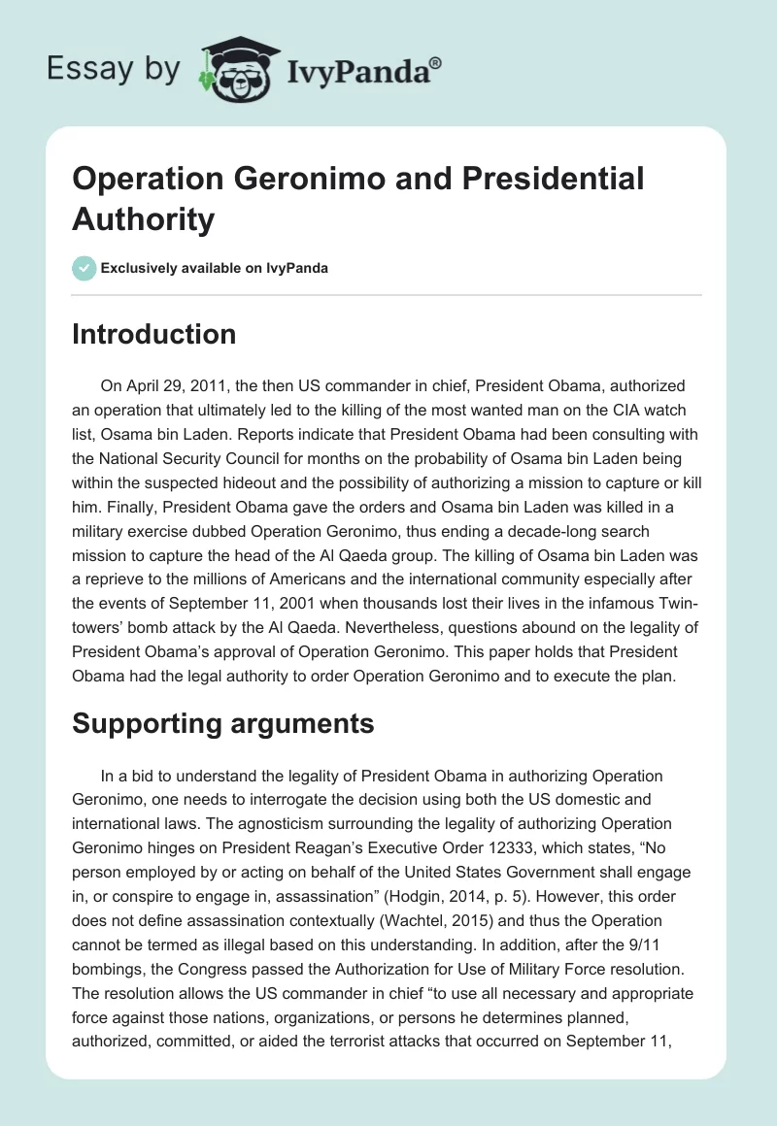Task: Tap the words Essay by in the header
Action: [113, 69]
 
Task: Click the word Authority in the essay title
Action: [143, 219]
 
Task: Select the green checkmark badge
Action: [84, 268]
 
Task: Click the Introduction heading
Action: [154, 335]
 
